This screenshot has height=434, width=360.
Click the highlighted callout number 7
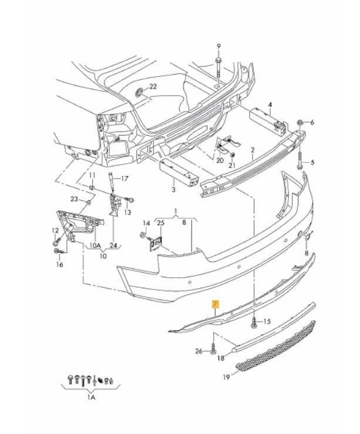click(216, 304)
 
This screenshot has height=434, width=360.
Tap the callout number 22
click(153, 87)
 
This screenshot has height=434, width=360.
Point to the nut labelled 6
click(300, 122)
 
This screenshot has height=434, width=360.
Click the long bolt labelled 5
click(300, 160)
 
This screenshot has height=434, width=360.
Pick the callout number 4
click(270, 105)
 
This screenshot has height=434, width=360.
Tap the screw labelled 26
click(213, 348)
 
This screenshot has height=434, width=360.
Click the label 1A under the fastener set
click(91, 398)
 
